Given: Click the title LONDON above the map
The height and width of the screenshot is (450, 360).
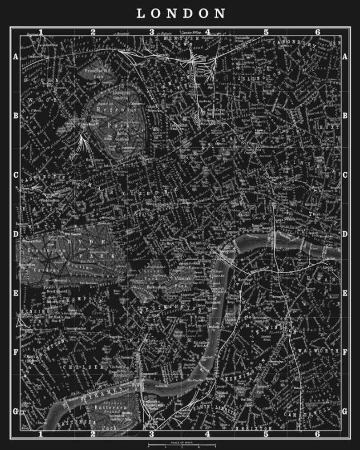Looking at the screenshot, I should point(181,14).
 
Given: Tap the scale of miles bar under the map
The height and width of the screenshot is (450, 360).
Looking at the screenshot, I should point(180,443).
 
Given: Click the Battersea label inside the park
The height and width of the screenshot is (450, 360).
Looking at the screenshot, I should point(106,407).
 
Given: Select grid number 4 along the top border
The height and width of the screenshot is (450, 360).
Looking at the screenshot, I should point(207,32).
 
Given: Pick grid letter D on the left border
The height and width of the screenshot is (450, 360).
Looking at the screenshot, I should point(15,234).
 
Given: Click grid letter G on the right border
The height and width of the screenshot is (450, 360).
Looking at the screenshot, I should point(345,412).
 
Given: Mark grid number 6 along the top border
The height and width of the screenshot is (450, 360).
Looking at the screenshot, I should point(318,32).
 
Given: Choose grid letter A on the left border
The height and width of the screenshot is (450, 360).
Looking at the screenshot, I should point(15,57).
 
